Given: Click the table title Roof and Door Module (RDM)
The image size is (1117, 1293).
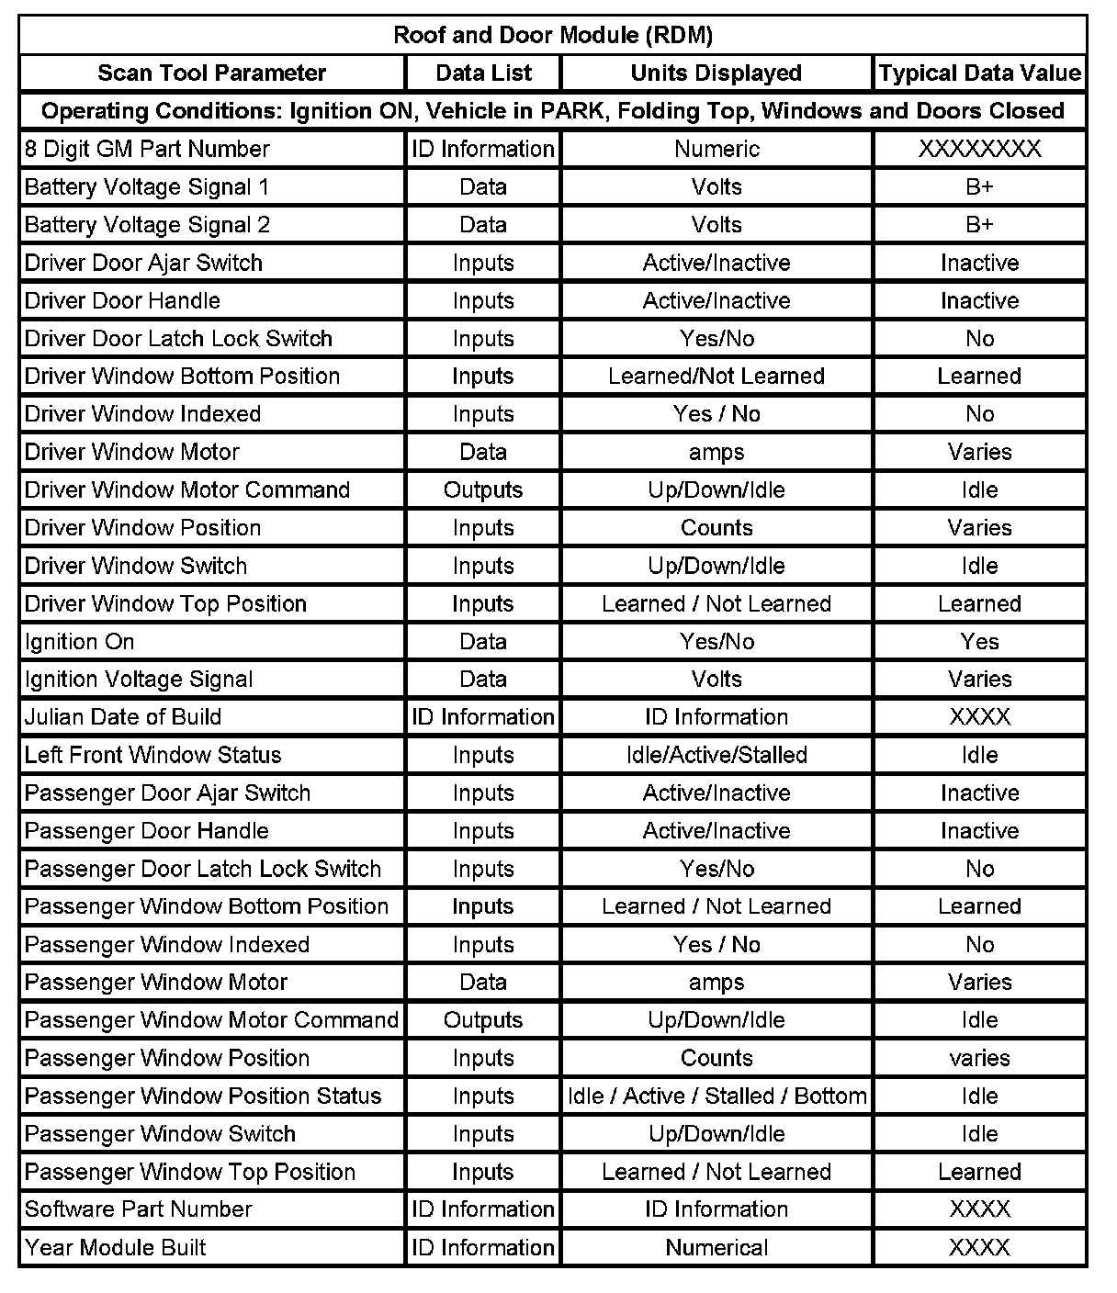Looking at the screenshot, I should (x=552, y=35).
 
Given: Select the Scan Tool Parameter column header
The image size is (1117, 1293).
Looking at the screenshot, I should (x=211, y=73).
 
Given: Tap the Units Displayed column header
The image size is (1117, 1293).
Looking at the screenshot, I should (x=716, y=73).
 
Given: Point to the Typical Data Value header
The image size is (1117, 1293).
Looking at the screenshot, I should (x=979, y=73).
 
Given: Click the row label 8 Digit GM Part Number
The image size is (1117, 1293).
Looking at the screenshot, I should (x=147, y=149).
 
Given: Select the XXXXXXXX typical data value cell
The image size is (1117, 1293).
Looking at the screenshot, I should (x=979, y=149).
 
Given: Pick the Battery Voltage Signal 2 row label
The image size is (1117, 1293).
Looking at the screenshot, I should (x=147, y=225).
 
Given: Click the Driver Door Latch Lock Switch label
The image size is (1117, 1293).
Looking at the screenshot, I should (x=178, y=339).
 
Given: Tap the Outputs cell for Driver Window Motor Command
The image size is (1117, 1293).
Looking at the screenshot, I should (x=482, y=490).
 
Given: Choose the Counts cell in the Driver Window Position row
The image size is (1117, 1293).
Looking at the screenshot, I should (x=716, y=528).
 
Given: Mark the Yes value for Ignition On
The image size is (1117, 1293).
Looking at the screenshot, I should (x=979, y=642).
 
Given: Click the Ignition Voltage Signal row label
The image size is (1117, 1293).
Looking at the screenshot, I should (x=139, y=680).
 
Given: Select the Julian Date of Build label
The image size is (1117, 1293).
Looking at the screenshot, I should (x=123, y=717).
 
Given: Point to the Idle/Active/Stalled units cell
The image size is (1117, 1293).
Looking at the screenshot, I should (x=716, y=755).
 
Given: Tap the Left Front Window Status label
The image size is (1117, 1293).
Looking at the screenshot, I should (x=152, y=755).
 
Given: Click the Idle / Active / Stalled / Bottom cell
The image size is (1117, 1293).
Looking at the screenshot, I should (x=716, y=1096).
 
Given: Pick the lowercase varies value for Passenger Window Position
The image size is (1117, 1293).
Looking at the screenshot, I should (x=979, y=1058).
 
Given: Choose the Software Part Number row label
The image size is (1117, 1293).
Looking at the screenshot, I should (x=138, y=1209).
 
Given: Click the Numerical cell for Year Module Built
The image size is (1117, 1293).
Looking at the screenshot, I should (x=716, y=1248).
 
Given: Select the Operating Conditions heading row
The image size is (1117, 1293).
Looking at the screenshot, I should (x=552, y=111).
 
